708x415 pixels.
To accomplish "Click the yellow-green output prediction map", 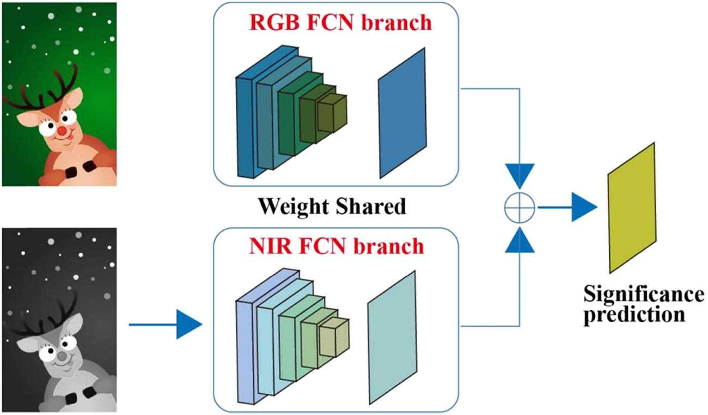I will coord(631,207).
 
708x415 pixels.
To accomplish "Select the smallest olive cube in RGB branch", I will coord(332,113).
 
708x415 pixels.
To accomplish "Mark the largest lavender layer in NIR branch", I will coord(245,351).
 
